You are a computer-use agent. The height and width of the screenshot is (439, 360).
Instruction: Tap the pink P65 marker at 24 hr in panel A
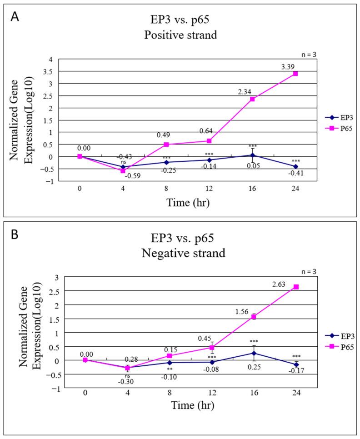(295, 74)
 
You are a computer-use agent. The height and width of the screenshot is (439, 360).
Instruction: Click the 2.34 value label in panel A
(243, 92)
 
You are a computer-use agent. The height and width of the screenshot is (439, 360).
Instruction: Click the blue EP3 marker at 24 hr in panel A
(295, 166)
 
